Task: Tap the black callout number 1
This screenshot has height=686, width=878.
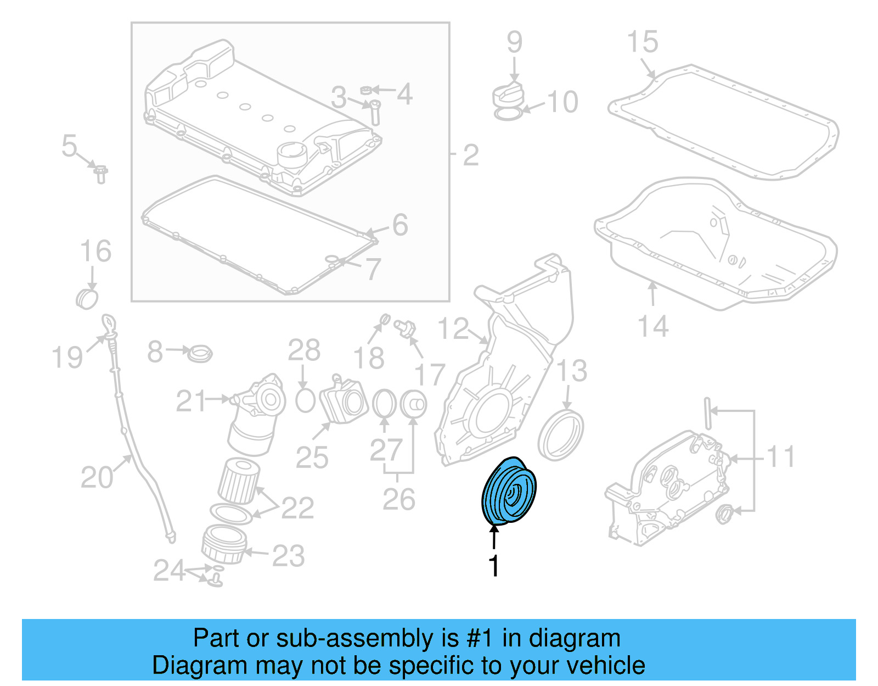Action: click(494, 566)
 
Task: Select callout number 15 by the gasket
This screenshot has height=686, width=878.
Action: click(643, 42)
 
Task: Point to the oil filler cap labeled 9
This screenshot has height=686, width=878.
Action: click(508, 96)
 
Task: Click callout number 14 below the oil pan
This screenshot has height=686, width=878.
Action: click(653, 326)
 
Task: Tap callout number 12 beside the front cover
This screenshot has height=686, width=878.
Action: click(453, 330)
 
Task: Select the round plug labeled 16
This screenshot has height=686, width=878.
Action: click(87, 299)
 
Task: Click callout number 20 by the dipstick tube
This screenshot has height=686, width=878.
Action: click(97, 477)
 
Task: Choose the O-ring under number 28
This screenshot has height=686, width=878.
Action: click(305, 401)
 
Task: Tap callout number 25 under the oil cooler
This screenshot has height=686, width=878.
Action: click(312, 457)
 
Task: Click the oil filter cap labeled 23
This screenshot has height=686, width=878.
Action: click(224, 545)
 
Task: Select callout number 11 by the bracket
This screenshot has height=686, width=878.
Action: click(780, 457)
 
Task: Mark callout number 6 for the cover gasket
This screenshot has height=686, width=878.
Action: click(399, 225)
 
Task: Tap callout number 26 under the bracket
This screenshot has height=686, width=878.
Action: click(398, 499)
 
